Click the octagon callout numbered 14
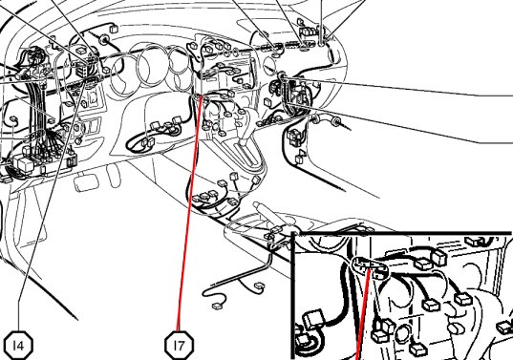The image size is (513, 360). point(19,346)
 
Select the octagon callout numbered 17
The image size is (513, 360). point(179,346)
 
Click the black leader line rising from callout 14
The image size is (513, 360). point(49,209)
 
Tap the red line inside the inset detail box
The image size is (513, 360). point(363,314)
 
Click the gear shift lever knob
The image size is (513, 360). point(244,141)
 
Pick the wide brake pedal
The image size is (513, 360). point(86,183)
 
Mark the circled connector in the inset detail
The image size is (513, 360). point(369,266)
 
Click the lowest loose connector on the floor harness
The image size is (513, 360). point(217,307)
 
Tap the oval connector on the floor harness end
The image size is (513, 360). point(261,286)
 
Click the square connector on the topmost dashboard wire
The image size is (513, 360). point(114,29)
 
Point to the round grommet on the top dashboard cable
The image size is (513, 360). point(104,39)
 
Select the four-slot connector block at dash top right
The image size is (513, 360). point(309,32)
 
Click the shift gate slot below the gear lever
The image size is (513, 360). point(249,157)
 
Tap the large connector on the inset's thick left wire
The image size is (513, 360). point(313,319)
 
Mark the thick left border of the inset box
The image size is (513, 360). point(293,296)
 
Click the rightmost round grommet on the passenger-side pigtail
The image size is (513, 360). point(336,122)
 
